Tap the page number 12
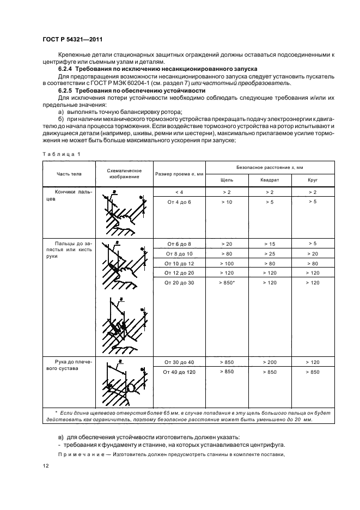(x=45, y=466)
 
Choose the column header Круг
(x=312, y=179)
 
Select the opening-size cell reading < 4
(x=179, y=192)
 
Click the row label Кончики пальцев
(x=71, y=196)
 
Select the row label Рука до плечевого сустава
(x=71, y=365)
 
